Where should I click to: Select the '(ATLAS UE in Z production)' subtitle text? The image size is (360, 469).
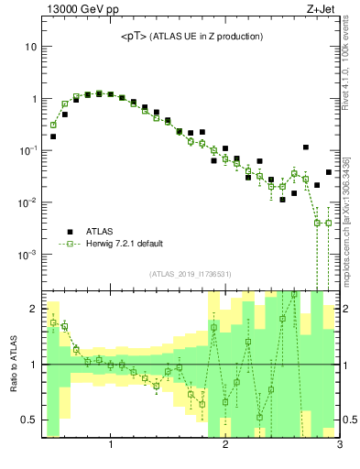pos(209,37)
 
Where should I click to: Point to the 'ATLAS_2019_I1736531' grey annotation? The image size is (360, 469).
pos(191,274)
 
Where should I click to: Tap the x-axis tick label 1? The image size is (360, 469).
pos(111,446)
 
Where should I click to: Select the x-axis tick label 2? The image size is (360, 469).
pos(225,446)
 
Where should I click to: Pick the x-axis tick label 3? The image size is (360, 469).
pos(339,446)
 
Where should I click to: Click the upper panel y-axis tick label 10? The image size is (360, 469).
pos(30,47)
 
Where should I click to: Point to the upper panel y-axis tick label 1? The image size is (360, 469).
pos(33,99)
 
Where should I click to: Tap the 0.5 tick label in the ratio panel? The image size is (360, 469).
pos(28,420)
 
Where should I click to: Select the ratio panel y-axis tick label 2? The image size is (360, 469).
pos(33,309)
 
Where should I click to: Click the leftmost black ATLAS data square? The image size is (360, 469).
pos(53,136)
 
